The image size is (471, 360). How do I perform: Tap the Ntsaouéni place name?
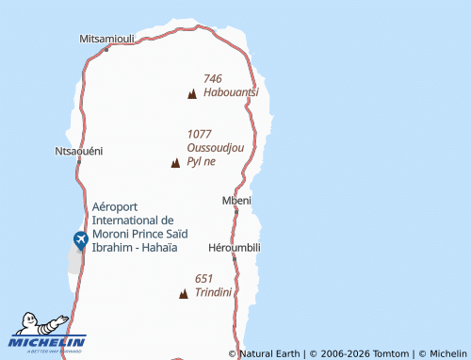pos(79,151)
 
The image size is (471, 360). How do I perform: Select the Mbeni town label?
pos(235,200)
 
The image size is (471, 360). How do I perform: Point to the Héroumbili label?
pos(234,247)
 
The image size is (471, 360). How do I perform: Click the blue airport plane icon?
pos(78,240)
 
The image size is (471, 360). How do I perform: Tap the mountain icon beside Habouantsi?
pos(192,93)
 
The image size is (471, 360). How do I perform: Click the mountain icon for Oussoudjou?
pos(175,163)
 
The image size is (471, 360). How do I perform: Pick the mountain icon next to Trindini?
pos(183,294)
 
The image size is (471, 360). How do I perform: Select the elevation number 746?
pos(212,79)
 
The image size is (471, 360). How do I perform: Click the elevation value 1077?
pos(200,134)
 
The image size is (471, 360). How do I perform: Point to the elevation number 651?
pos(204,279)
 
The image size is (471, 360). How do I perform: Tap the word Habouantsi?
pos(230,92)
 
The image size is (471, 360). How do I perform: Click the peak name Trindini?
pos(214,293)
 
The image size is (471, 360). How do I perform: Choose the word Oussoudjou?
pos(216,148)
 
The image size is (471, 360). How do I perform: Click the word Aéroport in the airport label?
pos(115,206)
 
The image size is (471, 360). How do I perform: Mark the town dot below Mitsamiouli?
pos(106,49)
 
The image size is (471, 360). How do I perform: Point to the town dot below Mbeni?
pos(235,211)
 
